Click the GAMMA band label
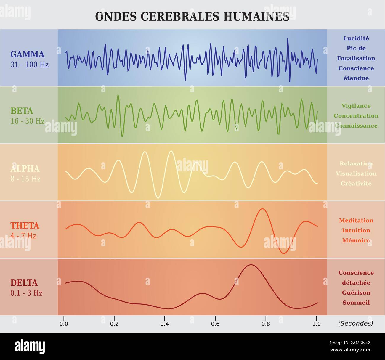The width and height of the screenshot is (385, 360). tap(27, 54)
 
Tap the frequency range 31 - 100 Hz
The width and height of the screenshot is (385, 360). tap(29, 64)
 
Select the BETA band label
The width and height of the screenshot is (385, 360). tap(22, 111)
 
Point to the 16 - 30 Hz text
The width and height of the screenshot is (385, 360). tap(27, 121)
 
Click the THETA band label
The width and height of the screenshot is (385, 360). tap(25, 226)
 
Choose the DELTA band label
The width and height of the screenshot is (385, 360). tap(24, 283)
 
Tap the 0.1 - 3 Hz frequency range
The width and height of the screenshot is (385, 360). tap(26, 293)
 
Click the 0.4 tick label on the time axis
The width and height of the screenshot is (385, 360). tap(165, 324)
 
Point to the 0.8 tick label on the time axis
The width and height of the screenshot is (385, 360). tap(266, 324)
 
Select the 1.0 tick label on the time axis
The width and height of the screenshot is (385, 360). tap(316, 324)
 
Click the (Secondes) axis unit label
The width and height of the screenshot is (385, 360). tap(355, 323)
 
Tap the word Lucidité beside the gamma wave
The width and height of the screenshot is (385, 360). tap(356, 38)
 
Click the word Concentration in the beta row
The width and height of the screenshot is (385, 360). tap(356, 116)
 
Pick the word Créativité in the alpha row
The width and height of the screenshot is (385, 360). tap(356, 184)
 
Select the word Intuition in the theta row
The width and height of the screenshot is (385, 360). tap(356, 230)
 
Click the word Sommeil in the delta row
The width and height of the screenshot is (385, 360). tap(356, 303)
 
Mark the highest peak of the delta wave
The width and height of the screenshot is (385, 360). tap(251, 265)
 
